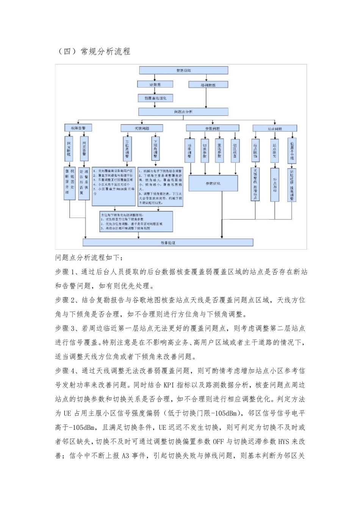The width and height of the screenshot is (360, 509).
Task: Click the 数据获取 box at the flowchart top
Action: tap(183, 70)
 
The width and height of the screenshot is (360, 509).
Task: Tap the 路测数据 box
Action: tap(208, 85)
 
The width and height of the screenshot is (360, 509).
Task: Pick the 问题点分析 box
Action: tap(183, 112)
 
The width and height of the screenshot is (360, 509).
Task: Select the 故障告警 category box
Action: tap(75, 128)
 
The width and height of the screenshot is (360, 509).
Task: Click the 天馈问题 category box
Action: tap(142, 128)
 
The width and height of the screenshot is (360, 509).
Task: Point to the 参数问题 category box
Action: tap(213, 128)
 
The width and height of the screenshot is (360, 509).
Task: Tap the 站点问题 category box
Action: tap(275, 128)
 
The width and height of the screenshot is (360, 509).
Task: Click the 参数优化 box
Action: tap(213, 184)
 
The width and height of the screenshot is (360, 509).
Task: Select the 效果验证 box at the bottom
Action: tap(168, 243)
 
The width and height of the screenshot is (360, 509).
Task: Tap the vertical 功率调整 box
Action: tap(190, 150)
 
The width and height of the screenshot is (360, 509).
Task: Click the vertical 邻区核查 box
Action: tap(235, 150)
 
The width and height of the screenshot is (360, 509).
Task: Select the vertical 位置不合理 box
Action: tap(291, 150)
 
